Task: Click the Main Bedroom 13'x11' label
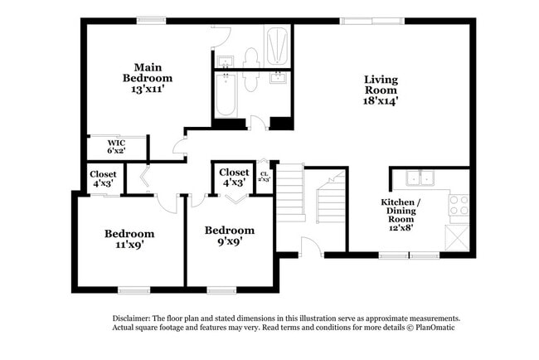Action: coord(148,78)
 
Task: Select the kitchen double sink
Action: coord(420,178)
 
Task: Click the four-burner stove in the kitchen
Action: coord(459,204)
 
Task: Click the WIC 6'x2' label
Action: coord(117,147)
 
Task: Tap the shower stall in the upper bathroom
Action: coord(277,45)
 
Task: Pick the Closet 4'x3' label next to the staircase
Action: coord(233,178)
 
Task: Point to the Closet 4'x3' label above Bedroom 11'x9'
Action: coord(104,178)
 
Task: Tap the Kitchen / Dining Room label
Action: coord(401,215)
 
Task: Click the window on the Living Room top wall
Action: coord(365,21)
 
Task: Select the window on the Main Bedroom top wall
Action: coord(152,21)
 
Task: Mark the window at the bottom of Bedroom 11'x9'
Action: coord(132,289)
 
